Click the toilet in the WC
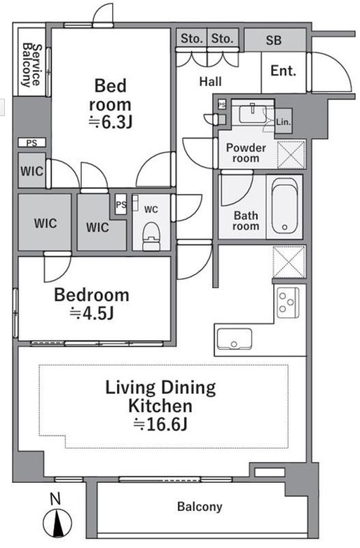(151, 236)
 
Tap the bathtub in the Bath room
(285, 206)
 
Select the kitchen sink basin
(234, 339)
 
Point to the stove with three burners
(288, 302)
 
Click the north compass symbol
(57, 524)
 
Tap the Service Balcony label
(31, 65)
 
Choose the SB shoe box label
(274, 41)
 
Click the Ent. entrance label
(284, 71)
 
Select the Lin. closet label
(284, 122)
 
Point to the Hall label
(211, 82)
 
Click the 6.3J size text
(110, 122)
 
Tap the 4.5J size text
(92, 313)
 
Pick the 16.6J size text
(160, 424)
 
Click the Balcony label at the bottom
(200, 507)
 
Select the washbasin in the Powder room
(252, 114)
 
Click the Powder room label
(246, 153)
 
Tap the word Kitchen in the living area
(160, 406)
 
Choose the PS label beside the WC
(120, 204)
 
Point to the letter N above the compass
(55, 499)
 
